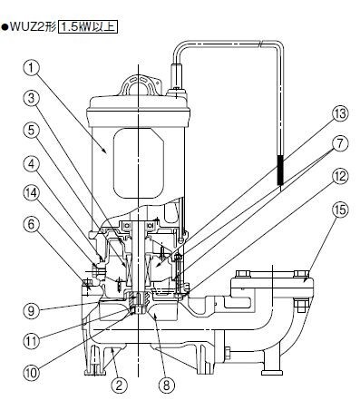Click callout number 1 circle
[x=32, y=68]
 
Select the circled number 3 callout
[x=32, y=100]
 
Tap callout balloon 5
[x=32, y=131]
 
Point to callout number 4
[x=32, y=164]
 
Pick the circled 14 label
[x=32, y=193]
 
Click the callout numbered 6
[x=32, y=225]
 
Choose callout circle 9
[x=32, y=310]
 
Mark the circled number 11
[x=32, y=341]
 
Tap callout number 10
[x=32, y=373]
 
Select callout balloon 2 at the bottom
[x=119, y=386]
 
